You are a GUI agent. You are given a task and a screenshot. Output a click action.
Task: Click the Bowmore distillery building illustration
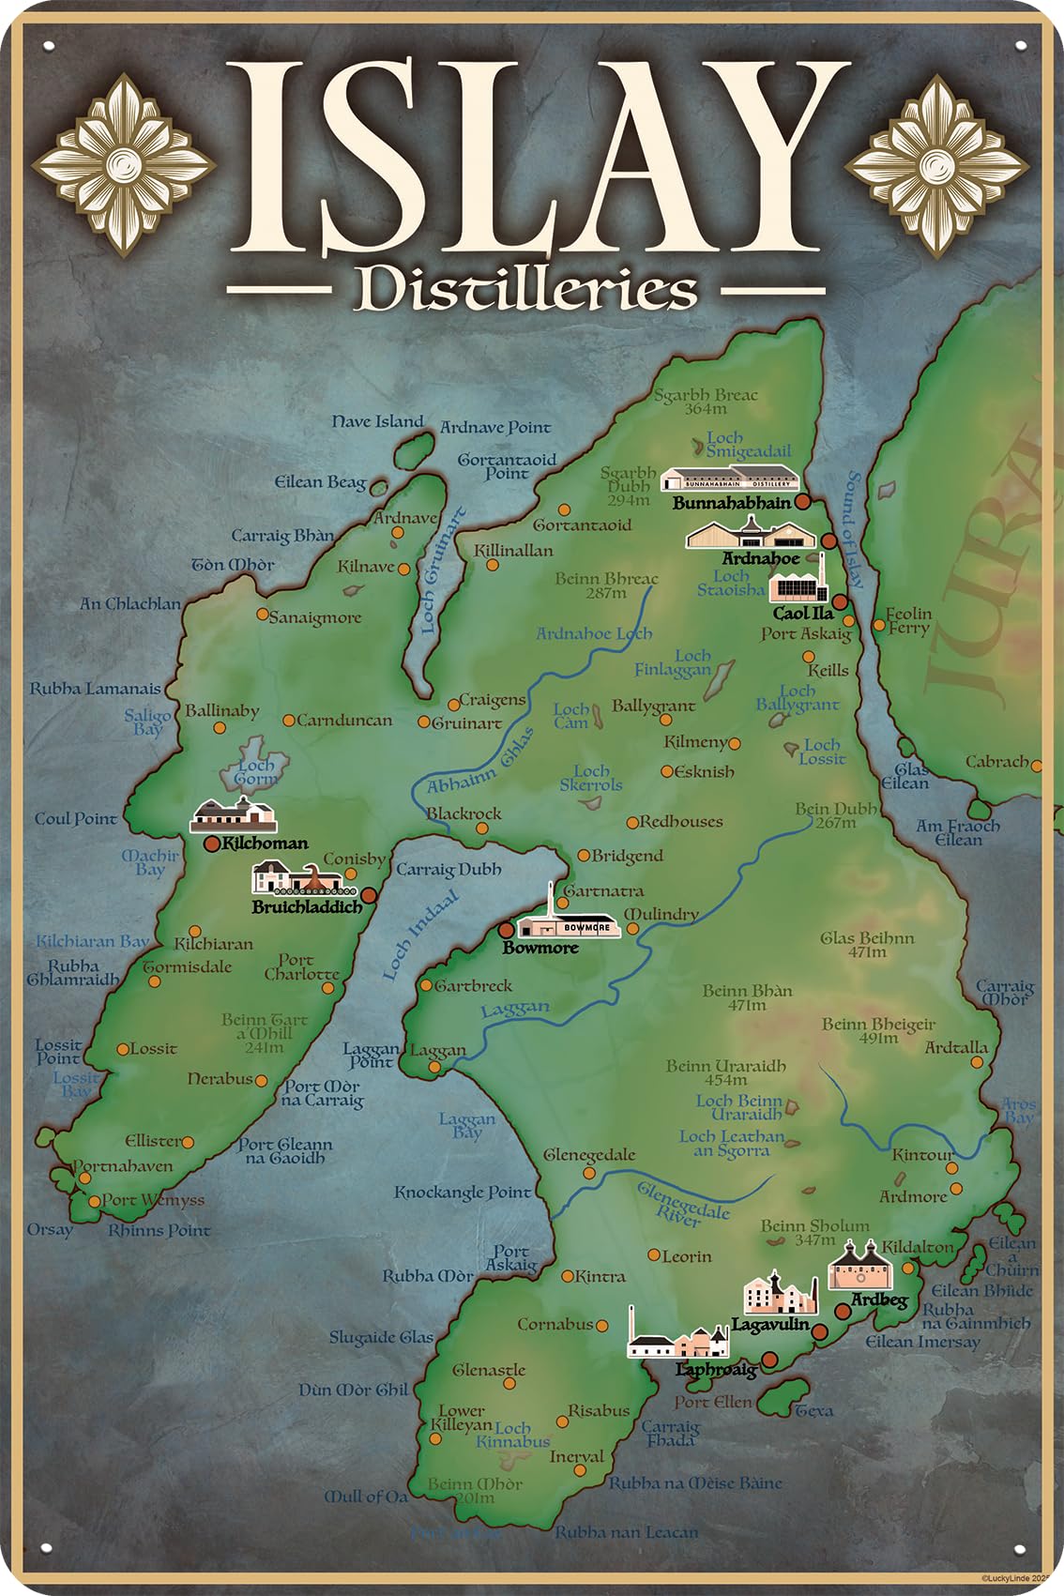569,923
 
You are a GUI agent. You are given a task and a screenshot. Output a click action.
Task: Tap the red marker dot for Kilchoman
213,844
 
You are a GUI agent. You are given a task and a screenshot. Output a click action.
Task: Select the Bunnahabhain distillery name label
732,503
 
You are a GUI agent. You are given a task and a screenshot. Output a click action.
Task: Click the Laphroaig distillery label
716,1370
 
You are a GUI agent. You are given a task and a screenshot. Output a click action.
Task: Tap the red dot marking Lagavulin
819,1331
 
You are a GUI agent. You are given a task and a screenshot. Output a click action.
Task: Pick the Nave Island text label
377,422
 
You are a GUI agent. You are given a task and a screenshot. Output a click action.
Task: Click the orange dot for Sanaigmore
263,615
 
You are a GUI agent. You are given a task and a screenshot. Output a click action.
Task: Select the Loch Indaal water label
420,935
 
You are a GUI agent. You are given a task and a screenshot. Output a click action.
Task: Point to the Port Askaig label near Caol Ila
806,634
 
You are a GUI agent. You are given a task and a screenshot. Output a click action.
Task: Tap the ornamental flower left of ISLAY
124,166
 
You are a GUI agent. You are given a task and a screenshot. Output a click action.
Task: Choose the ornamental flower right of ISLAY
937,166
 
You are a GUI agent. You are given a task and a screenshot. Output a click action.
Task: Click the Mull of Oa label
366,1497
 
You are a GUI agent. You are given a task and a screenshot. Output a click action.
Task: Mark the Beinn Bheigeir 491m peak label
878,1030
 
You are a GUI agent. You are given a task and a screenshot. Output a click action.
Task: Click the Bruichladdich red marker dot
369,895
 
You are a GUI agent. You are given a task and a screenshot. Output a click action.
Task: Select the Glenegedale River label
682,1204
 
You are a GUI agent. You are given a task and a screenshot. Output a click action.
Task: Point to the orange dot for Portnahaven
77,1166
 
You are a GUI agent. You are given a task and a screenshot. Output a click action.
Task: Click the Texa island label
813,1410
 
